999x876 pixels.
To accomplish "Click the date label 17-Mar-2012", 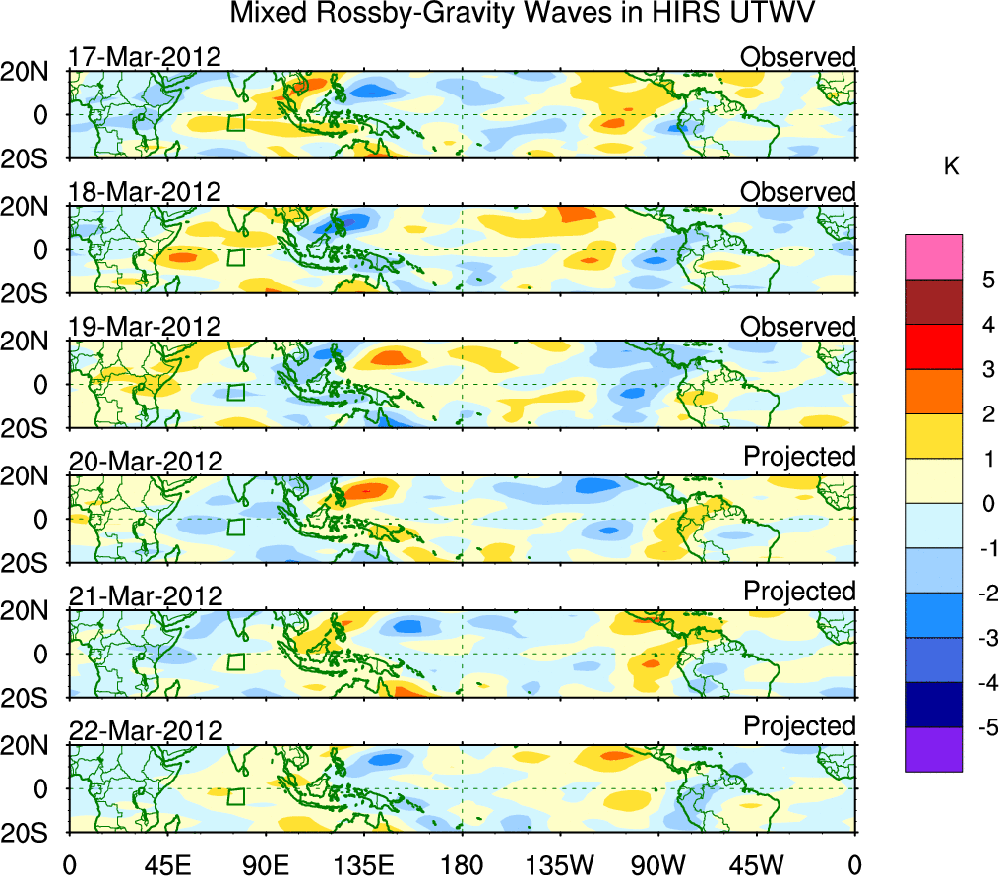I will (144, 57).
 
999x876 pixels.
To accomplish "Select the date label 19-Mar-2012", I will (144, 326).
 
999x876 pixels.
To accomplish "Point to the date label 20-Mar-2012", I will (146, 461).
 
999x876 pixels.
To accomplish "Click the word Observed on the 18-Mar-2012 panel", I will (797, 192).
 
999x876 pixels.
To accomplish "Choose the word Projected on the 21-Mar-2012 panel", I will (799, 592).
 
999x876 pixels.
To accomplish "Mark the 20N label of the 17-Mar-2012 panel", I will (33, 72).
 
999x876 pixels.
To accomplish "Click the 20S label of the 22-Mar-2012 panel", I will (33, 833).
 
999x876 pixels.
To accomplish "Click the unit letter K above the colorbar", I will (951, 168).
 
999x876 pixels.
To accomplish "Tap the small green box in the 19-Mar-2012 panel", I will (235, 393).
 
